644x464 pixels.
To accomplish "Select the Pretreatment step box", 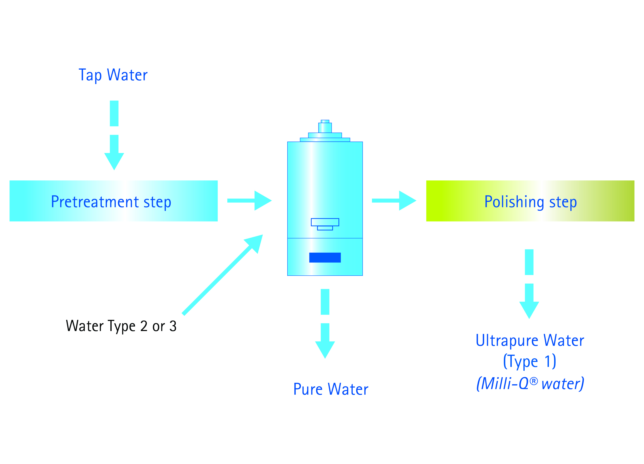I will [114, 201].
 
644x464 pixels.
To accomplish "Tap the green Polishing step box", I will [530, 201].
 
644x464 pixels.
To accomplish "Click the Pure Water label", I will [331, 389].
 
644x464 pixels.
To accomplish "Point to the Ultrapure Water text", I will [530, 340].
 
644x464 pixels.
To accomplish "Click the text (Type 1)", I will [530, 361].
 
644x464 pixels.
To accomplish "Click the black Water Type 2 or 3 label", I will [121, 326].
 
